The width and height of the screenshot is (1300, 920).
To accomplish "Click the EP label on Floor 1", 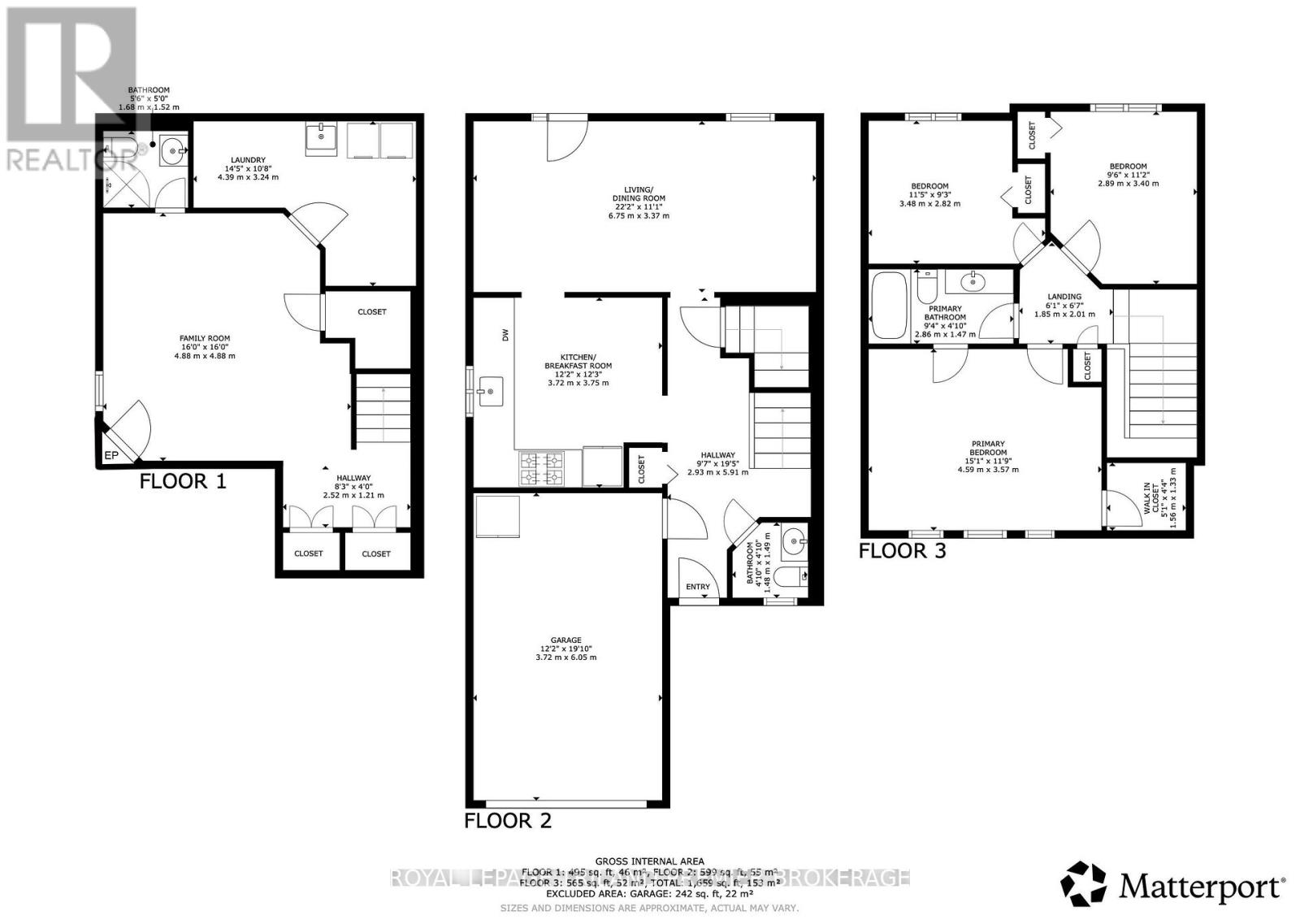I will pos(111,456).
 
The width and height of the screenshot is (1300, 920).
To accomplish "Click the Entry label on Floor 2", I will pos(697,587).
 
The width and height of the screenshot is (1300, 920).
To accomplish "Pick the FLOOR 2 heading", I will pos(508,821).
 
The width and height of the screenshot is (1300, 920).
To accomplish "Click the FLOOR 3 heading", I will pos(903,551).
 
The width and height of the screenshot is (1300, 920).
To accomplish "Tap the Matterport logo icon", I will pos(1084,884).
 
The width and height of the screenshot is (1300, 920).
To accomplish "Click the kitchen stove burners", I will pos(541,467).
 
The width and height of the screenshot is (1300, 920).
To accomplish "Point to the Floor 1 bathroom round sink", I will pos(172,150).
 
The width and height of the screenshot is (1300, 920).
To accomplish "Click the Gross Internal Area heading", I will pos(649,861).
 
